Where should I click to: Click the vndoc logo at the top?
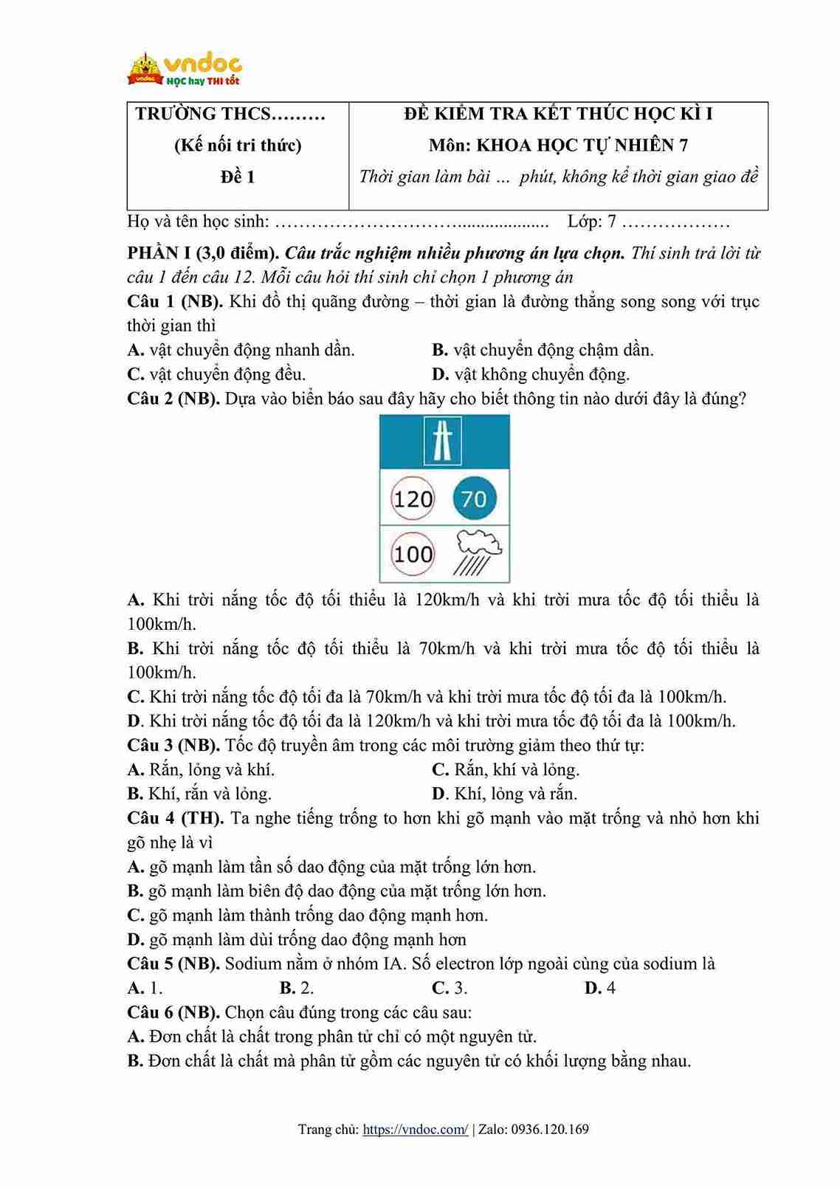[185, 69]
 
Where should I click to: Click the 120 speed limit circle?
[413, 499]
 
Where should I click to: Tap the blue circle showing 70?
[474, 499]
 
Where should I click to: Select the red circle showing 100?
[413, 554]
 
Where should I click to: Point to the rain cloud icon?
[478, 552]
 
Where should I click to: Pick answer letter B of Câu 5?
[287, 988]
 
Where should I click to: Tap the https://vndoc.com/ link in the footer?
[416, 1129]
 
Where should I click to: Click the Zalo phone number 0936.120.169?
[550, 1129]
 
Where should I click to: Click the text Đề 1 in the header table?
[238, 177]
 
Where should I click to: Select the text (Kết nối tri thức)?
[238, 145]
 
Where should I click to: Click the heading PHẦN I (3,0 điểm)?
[203, 253]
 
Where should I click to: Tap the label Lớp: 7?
[591, 222]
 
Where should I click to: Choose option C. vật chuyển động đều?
[216, 374]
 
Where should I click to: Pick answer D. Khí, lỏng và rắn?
[505, 794]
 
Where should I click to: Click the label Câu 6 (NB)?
[173, 1012]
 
